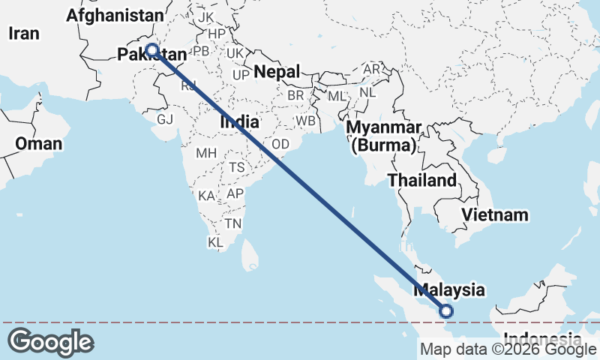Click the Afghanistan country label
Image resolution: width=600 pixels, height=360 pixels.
(x=114, y=15)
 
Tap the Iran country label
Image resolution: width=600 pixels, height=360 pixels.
(x=23, y=33)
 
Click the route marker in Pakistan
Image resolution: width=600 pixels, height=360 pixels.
(x=152, y=50)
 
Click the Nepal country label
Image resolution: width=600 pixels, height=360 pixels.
(x=277, y=72)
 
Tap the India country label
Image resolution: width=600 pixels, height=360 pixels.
(x=239, y=121)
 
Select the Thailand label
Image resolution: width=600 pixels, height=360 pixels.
(x=421, y=180)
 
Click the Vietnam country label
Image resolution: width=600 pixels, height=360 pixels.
(x=495, y=215)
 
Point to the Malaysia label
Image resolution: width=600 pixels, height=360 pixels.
(x=449, y=289)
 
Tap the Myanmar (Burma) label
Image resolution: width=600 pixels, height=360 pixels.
(x=384, y=136)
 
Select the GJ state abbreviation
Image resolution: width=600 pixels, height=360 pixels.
(x=165, y=119)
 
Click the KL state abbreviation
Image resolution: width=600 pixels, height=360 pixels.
(x=215, y=242)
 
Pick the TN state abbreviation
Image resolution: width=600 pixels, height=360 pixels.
(x=234, y=223)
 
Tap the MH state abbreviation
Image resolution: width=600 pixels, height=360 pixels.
(x=206, y=153)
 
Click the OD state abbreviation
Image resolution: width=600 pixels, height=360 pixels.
(x=280, y=144)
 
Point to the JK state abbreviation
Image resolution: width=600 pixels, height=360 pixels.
(x=207, y=16)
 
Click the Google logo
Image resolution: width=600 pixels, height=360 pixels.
(x=50, y=342)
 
